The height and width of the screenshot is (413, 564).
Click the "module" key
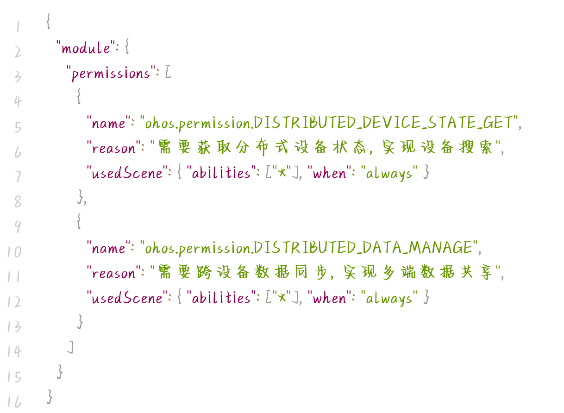[86, 48]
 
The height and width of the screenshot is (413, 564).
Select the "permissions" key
[111, 73]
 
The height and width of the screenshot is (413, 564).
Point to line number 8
[18, 201]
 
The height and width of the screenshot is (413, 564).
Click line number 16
[14, 401]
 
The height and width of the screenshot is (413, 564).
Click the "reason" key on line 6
[113, 148]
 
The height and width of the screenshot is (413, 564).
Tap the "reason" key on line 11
[113, 273]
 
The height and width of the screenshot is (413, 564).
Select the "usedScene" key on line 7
[125, 173]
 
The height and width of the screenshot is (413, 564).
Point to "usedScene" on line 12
[125, 298]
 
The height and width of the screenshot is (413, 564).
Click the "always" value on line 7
[389, 173]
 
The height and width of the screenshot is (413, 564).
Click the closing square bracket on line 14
[70, 347]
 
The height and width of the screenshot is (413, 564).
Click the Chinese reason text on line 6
[326, 148]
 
